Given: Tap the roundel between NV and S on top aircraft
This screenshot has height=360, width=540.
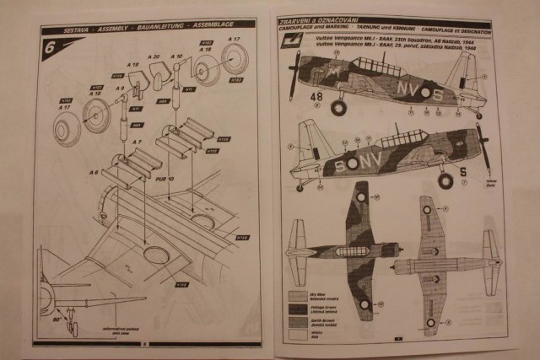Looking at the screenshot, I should tap(425, 91).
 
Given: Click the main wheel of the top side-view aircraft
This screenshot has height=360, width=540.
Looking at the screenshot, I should tap(338, 107).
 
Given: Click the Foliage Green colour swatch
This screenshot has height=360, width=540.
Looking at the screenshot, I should tap(299, 309).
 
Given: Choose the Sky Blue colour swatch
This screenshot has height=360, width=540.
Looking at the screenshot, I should tap(299, 296).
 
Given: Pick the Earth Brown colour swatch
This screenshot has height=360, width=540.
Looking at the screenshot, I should tap(299, 321).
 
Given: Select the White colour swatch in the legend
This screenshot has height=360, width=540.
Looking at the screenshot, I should tap(299, 334).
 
